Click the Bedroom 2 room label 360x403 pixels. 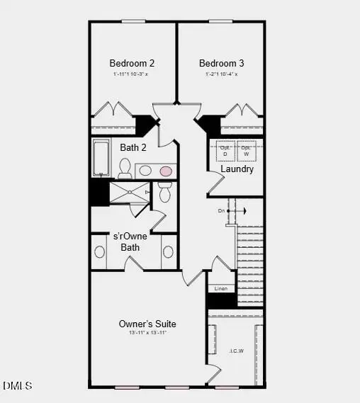coord(132,62)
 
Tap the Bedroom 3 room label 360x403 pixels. coord(220,62)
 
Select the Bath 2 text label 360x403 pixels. coord(133,148)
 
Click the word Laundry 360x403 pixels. coord(237,169)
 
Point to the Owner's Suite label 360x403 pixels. coord(147,324)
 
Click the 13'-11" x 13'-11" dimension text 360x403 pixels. coord(147,333)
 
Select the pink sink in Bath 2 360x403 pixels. coord(166,171)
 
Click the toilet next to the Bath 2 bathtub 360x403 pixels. coord(125,168)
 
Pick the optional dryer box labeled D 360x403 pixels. coord(225,151)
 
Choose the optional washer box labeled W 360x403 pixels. coord(246,151)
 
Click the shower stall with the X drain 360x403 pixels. coord(129,192)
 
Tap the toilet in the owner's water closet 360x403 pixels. coord(164,192)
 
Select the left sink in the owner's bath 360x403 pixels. coord(100,251)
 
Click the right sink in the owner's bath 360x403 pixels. coord(168,251)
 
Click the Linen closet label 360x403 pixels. coord(220,289)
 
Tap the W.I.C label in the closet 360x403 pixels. coord(237,350)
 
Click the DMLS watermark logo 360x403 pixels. coord(17,386)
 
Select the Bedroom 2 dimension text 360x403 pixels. coord(132,74)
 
